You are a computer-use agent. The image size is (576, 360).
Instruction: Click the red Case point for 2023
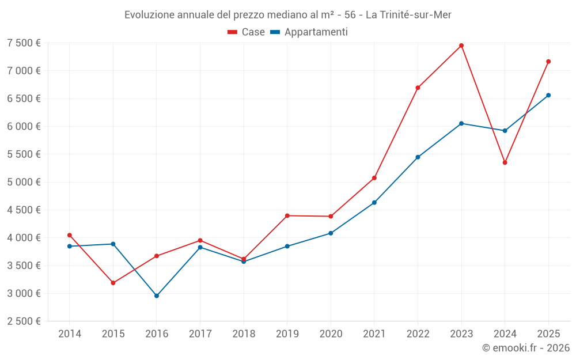(x=461, y=46)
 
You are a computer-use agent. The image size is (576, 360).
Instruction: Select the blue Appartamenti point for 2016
(x=157, y=296)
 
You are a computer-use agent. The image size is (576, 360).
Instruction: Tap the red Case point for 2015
(x=113, y=283)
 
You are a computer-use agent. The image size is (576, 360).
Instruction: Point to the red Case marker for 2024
(x=505, y=162)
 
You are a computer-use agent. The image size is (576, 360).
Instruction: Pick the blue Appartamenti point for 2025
(x=548, y=96)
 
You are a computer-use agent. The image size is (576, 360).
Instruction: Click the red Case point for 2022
(x=418, y=88)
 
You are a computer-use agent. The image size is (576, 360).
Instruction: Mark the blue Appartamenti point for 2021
(x=374, y=203)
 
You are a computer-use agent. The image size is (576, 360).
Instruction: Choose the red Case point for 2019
(x=287, y=215)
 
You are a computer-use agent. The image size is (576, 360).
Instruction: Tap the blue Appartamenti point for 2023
(x=461, y=123)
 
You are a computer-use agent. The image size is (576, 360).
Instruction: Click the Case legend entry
(x=247, y=32)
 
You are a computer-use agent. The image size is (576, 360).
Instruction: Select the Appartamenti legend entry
(x=309, y=32)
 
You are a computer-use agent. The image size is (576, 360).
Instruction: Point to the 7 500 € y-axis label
(x=24, y=43)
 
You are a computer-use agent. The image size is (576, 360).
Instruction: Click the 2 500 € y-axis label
(x=24, y=321)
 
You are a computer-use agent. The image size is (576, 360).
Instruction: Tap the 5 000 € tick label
(x=24, y=182)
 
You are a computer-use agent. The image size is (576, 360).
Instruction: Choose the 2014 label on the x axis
(x=70, y=334)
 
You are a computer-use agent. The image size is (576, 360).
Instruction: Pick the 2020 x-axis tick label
(x=331, y=334)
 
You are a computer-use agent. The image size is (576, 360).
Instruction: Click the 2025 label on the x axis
(x=548, y=334)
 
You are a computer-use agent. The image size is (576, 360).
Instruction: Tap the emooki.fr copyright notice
(x=526, y=348)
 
